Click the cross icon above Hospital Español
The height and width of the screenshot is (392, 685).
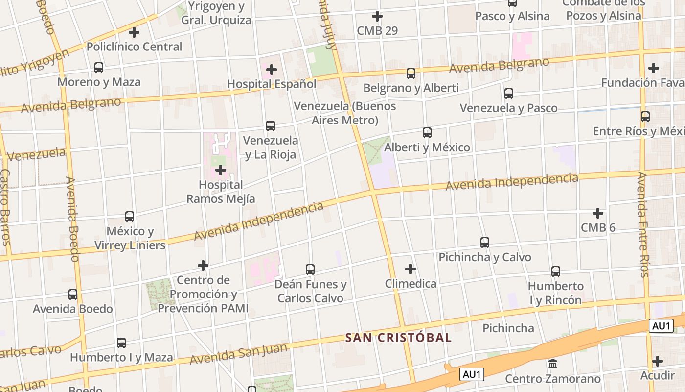point(272,70)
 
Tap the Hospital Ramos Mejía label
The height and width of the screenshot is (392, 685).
point(221,192)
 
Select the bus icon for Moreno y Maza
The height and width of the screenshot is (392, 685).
point(99,68)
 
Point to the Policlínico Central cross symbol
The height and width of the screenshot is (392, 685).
point(134,32)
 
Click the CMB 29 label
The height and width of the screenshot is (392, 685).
point(377,31)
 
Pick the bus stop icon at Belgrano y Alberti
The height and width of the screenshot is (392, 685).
point(411,73)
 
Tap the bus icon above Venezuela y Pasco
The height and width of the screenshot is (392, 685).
point(509,93)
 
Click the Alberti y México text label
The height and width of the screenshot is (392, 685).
point(427,147)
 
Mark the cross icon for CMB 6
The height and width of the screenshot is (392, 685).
point(597,213)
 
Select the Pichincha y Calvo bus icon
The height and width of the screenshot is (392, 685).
point(485,243)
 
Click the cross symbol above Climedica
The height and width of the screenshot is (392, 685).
point(411,269)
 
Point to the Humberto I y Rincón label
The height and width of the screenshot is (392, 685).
point(556,293)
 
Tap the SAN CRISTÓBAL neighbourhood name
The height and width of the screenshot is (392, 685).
point(398,338)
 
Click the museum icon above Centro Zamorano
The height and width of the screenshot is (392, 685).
point(553,364)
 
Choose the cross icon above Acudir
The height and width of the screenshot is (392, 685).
point(658,361)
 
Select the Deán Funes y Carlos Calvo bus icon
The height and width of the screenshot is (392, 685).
point(310,269)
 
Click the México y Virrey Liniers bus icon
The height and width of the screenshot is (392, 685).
point(130,216)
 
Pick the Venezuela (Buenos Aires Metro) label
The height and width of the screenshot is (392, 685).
point(345,113)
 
